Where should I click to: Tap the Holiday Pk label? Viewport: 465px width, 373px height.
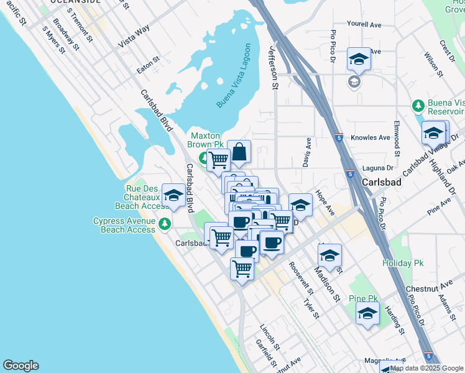(403, 264)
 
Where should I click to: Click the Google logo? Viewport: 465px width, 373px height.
(21, 366)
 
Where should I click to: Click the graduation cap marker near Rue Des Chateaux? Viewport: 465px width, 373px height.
(173, 195)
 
